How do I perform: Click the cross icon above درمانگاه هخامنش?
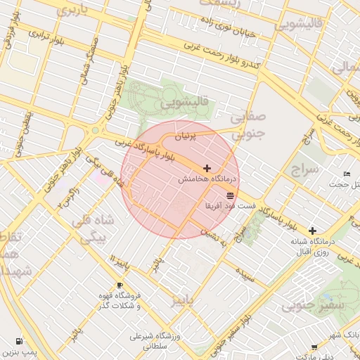(206, 168)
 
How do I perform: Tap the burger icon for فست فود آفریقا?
(231, 195)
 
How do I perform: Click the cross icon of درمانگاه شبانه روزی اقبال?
(312, 230)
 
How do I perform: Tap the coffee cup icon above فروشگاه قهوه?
(120, 285)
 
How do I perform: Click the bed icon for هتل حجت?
(346, 174)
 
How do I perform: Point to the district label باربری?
(72, 11)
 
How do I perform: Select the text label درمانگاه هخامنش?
(208, 180)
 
